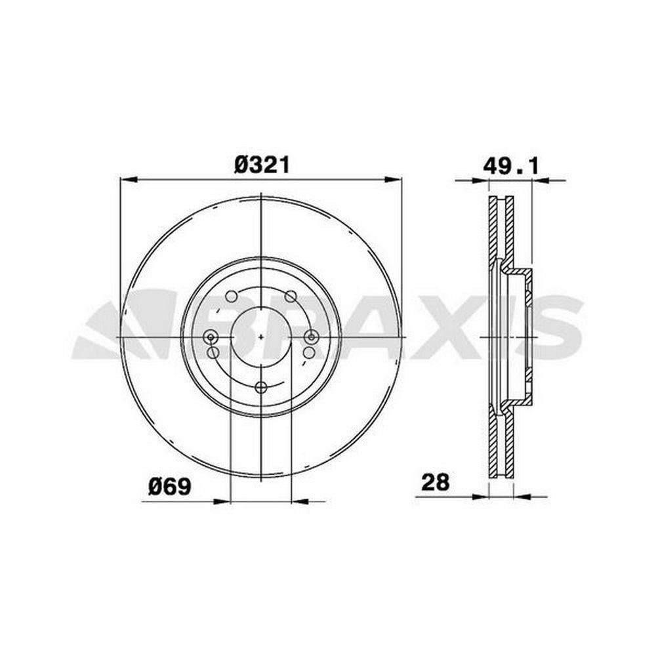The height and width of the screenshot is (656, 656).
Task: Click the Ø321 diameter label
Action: pyautogui.click(x=262, y=165)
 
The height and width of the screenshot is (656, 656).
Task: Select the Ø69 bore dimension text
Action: pyautogui.click(x=169, y=487)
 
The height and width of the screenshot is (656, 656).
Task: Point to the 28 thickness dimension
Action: pyautogui.click(x=435, y=482)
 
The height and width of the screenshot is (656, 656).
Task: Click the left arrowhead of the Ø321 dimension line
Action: pyautogui.click(x=129, y=180)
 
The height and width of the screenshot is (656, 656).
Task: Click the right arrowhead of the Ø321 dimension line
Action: pyautogui.click(x=393, y=180)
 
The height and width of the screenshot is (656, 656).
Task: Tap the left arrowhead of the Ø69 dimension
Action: pyautogui.click(x=222, y=501)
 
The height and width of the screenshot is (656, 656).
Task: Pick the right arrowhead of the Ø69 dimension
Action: pyautogui.click(x=299, y=501)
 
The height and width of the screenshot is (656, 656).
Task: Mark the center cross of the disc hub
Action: pyautogui.click(x=261, y=337)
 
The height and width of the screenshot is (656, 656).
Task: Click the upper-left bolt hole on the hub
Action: pyautogui.click(x=232, y=297)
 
